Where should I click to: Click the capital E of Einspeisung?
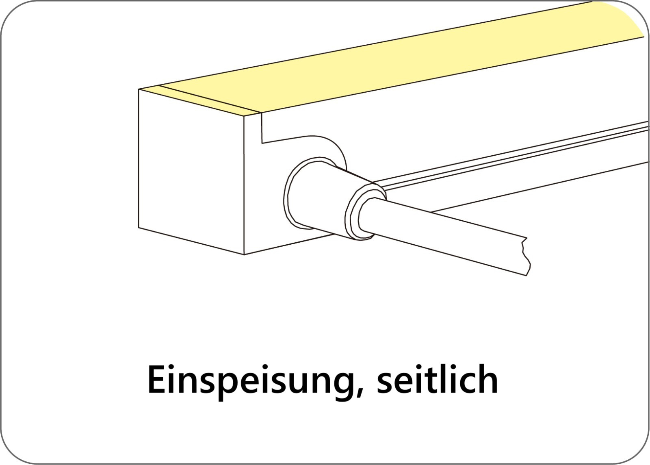157,380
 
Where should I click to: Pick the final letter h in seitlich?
488,379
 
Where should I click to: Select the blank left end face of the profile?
191,171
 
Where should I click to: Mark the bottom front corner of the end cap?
244,254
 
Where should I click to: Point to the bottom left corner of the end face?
139,227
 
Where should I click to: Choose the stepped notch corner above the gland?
262,143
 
